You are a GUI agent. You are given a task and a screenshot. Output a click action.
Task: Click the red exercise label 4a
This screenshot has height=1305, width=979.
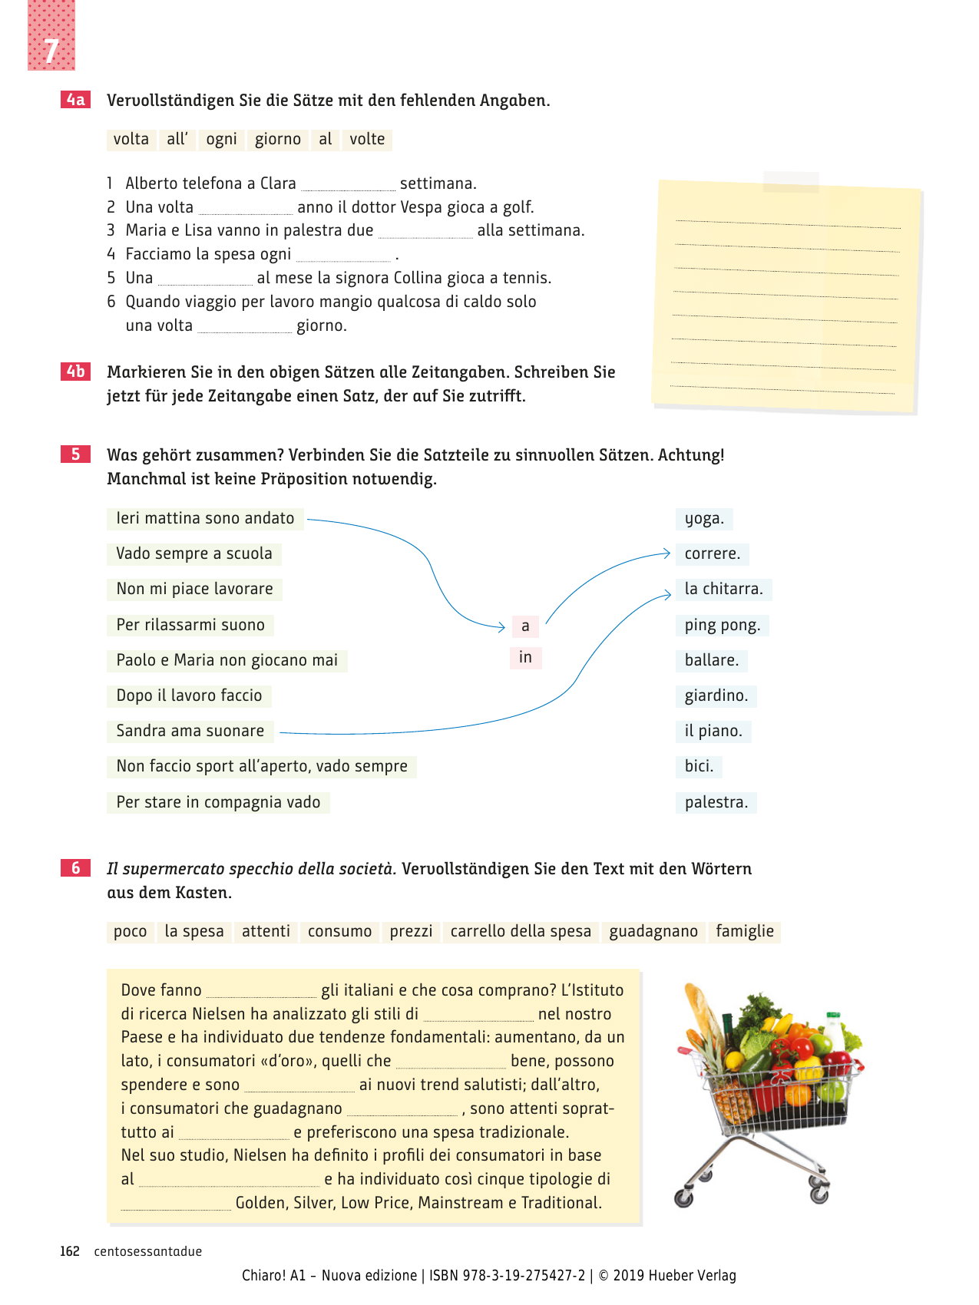point(75,100)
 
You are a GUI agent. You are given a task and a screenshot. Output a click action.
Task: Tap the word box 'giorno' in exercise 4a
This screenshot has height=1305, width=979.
point(277,139)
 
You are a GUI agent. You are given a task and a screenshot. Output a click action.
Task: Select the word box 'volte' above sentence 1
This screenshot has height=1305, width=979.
point(367,139)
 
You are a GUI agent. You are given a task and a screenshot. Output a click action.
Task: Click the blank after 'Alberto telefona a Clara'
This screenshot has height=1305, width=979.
point(348,185)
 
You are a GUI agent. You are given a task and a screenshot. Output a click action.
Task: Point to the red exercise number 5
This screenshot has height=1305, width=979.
point(75,454)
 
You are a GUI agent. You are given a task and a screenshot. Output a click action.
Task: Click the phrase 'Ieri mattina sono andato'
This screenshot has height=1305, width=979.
point(205,519)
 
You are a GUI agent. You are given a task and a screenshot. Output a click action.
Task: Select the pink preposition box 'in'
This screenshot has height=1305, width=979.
point(525,658)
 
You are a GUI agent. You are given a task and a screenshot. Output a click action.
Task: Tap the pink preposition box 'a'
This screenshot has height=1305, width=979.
point(525,626)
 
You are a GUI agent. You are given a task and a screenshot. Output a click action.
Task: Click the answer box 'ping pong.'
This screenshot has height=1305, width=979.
point(722,626)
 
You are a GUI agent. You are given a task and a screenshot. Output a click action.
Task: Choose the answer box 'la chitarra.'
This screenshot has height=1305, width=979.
point(723,590)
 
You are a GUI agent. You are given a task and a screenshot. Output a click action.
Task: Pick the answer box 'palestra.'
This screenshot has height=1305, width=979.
point(716,803)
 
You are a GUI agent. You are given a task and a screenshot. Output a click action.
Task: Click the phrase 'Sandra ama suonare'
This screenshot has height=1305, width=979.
point(190,732)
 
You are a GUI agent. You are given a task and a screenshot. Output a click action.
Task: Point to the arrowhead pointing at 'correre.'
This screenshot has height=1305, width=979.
point(666,553)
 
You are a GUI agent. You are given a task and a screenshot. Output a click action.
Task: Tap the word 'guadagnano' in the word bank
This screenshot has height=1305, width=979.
point(653,932)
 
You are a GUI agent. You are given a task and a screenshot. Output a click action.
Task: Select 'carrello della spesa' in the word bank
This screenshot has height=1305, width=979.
point(521,932)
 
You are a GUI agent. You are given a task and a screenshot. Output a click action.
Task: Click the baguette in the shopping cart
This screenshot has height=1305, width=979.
point(703,1013)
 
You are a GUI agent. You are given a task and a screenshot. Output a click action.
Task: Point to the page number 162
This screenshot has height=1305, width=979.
point(70,1251)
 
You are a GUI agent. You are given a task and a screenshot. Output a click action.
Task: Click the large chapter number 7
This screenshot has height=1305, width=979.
point(51,51)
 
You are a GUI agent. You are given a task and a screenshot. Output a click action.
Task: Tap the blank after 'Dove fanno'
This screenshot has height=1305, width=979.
point(261,992)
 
